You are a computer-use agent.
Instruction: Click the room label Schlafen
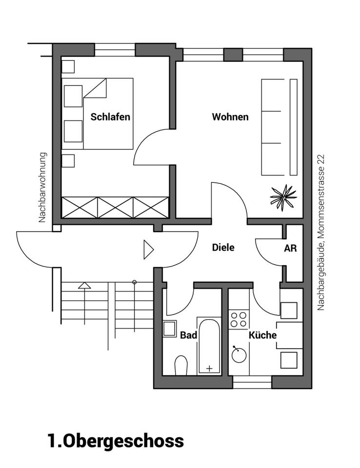coord(110,117)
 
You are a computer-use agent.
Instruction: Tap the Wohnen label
coord(230,117)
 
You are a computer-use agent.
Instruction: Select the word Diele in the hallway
coord(223,248)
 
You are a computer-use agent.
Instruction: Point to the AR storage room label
coord(290,248)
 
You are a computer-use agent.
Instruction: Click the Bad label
coord(188,335)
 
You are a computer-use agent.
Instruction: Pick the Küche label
coord(262,335)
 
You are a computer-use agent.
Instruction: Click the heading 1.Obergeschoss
coord(116,440)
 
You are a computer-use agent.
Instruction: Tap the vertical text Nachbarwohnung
coord(42,188)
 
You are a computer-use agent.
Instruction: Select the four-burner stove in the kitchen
coord(239,319)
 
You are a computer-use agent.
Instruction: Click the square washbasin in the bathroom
coord(170,329)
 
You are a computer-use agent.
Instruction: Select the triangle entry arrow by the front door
coord(148,249)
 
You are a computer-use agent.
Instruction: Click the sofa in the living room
coord(279,127)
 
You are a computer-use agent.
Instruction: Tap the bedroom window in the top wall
coord(115,50)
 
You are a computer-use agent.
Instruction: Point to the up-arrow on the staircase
coord(85,286)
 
